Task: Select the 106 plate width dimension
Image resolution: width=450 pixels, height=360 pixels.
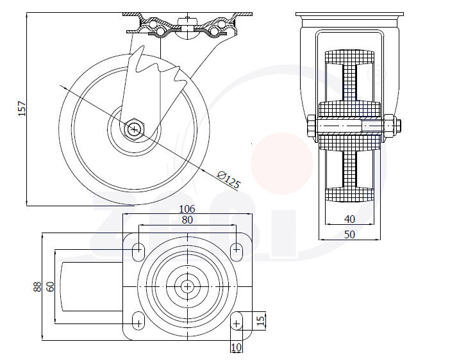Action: [x=187, y=209]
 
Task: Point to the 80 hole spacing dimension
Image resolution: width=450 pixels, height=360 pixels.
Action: [x=187, y=220]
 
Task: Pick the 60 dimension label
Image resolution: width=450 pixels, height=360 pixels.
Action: [x=50, y=286]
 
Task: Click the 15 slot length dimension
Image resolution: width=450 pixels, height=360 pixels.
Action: [x=260, y=319]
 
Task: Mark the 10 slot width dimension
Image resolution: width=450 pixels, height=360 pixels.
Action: [x=236, y=347]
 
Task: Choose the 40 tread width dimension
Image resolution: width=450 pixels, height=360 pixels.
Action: [x=349, y=219]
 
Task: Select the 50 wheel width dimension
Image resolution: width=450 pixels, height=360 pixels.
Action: [x=349, y=234]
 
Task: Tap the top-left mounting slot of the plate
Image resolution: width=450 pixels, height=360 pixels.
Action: [x=138, y=251]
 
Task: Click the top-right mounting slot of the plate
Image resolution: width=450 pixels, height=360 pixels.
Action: [x=237, y=251]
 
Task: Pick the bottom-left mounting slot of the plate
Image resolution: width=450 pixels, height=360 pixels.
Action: [x=138, y=320]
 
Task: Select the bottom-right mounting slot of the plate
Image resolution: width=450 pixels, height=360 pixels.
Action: [x=237, y=320]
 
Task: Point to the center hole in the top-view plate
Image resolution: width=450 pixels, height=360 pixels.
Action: [x=187, y=286]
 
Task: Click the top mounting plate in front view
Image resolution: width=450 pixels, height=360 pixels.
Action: [x=349, y=15]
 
